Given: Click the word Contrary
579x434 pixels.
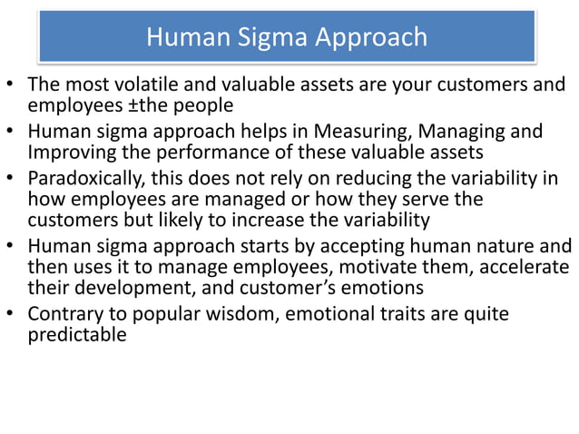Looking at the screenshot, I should tap(64, 313).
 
